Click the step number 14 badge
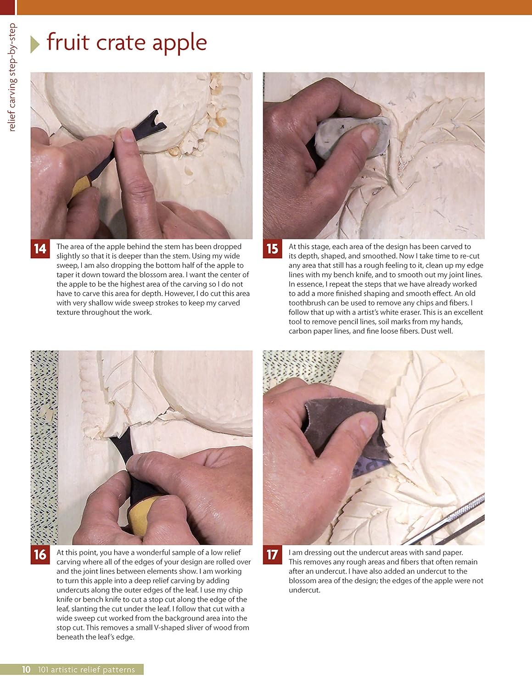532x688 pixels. (x=40, y=249)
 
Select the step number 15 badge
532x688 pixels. (x=272, y=249)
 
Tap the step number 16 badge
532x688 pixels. (x=40, y=555)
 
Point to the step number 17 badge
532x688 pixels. (x=272, y=555)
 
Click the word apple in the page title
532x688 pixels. (x=179, y=43)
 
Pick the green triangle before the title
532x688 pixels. (x=35, y=44)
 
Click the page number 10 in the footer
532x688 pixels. (x=26, y=669)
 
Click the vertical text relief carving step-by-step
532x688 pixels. (x=12, y=77)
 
